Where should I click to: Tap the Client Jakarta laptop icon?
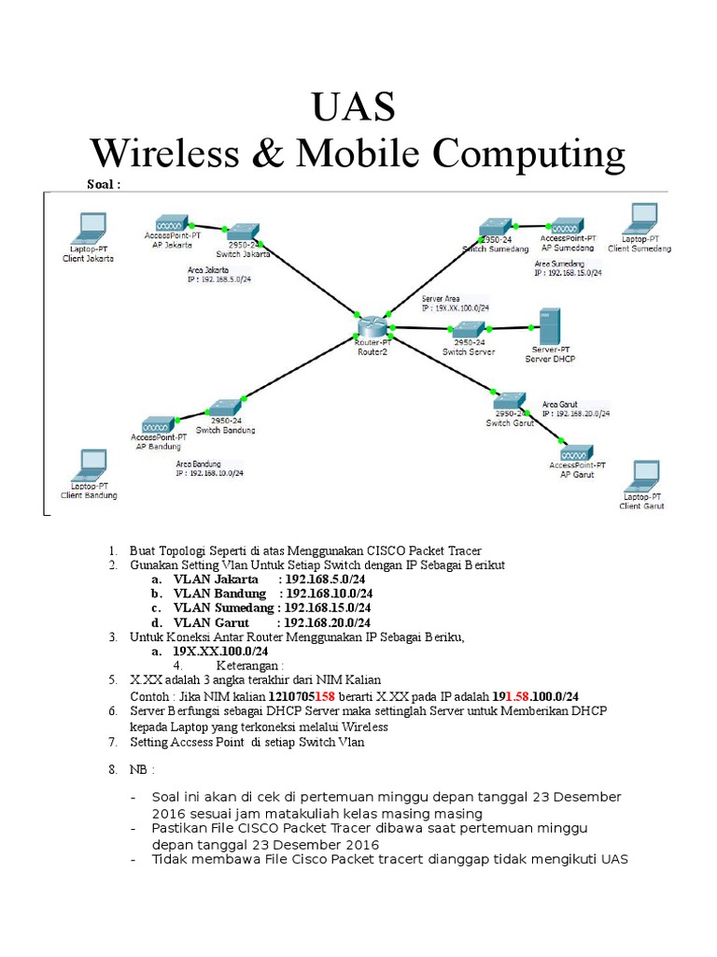(x=91, y=227)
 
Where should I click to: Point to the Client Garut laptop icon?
(x=643, y=475)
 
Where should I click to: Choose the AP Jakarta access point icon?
(x=168, y=225)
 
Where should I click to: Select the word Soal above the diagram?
(x=104, y=184)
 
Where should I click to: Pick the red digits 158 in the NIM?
(x=325, y=696)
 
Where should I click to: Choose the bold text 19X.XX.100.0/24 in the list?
(x=220, y=650)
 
